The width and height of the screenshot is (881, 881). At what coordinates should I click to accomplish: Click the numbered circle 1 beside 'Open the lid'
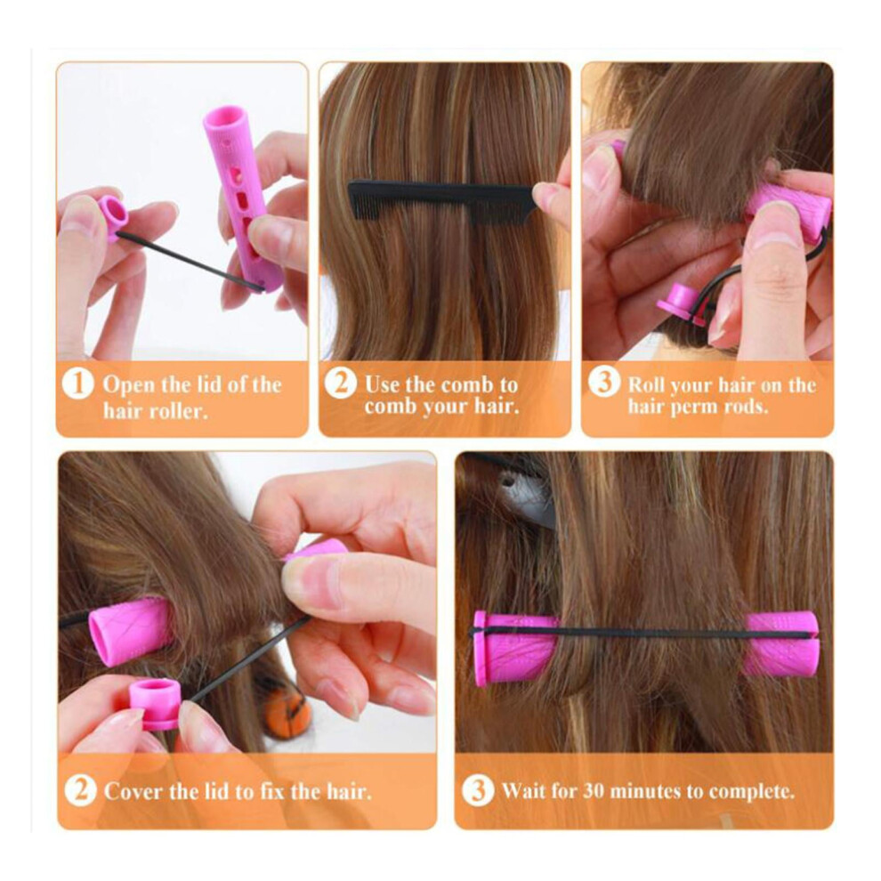pos(77,384)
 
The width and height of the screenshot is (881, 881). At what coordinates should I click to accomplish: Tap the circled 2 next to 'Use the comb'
pos(341,384)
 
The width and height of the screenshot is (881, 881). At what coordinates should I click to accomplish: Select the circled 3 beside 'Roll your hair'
pos(604,382)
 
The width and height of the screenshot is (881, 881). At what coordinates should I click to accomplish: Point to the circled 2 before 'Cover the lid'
pos(80,790)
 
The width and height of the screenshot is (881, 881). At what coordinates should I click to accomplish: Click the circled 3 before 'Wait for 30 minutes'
pos(478,790)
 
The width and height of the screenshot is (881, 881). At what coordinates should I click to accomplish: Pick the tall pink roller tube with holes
pos(243,198)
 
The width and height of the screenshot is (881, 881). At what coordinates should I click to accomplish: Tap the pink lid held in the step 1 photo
pos(113,216)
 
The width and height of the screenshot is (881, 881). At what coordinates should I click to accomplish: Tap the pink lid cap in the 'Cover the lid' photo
pos(155,702)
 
